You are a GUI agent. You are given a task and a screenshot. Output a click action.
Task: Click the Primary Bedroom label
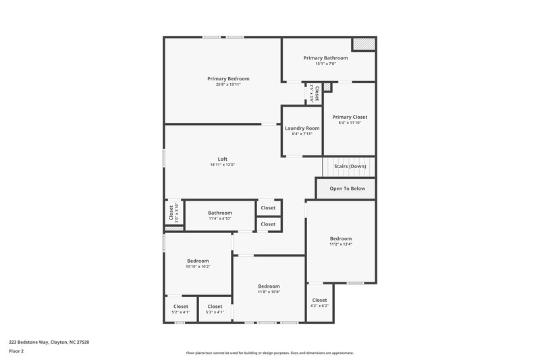pyautogui.click(x=228, y=79)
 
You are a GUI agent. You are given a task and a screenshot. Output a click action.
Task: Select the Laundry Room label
pyautogui.click(x=302, y=128)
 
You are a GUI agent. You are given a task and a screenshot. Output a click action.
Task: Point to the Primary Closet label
pyautogui.click(x=350, y=117)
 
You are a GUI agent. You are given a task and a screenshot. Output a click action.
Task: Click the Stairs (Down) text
pyautogui.click(x=350, y=166)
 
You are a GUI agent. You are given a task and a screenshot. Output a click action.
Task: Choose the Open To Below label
pyautogui.click(x=347, y=188)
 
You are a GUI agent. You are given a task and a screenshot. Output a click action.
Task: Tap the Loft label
pyautogui.click(x=222, y=159)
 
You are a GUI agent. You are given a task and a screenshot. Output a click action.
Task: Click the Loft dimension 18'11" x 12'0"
pyautogui.click(x=222, y=165)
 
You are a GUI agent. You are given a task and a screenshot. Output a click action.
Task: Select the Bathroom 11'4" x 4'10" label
pyautogui.click(x=220, y=213)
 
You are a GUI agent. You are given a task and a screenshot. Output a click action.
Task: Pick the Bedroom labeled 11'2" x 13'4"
pyautogui.click(x=341, y=238)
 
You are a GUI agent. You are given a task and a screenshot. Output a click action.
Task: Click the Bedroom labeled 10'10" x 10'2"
pyautogui.click(x=198, y=261)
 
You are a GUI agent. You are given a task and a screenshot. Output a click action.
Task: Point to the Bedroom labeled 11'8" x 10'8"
pyautogui.click(x=269, y=286)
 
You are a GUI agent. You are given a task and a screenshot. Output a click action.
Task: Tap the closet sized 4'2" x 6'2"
pyautogui.click(x=319, y=301)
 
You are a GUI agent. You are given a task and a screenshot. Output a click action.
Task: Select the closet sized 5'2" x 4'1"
pyautogui.click(x=181, y=307)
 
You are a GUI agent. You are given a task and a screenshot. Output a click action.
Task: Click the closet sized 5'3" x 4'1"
pyautogui.click(x=215, y=307)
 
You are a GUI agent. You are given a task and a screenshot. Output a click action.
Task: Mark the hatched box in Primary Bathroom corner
pyautogui.click(x=363, y=44)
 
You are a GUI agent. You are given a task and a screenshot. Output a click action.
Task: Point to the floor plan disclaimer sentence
pyautogui.click(x=269, y=353)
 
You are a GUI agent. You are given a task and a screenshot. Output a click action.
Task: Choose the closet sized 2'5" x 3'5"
pyautogui.click(x=314, y=93)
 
